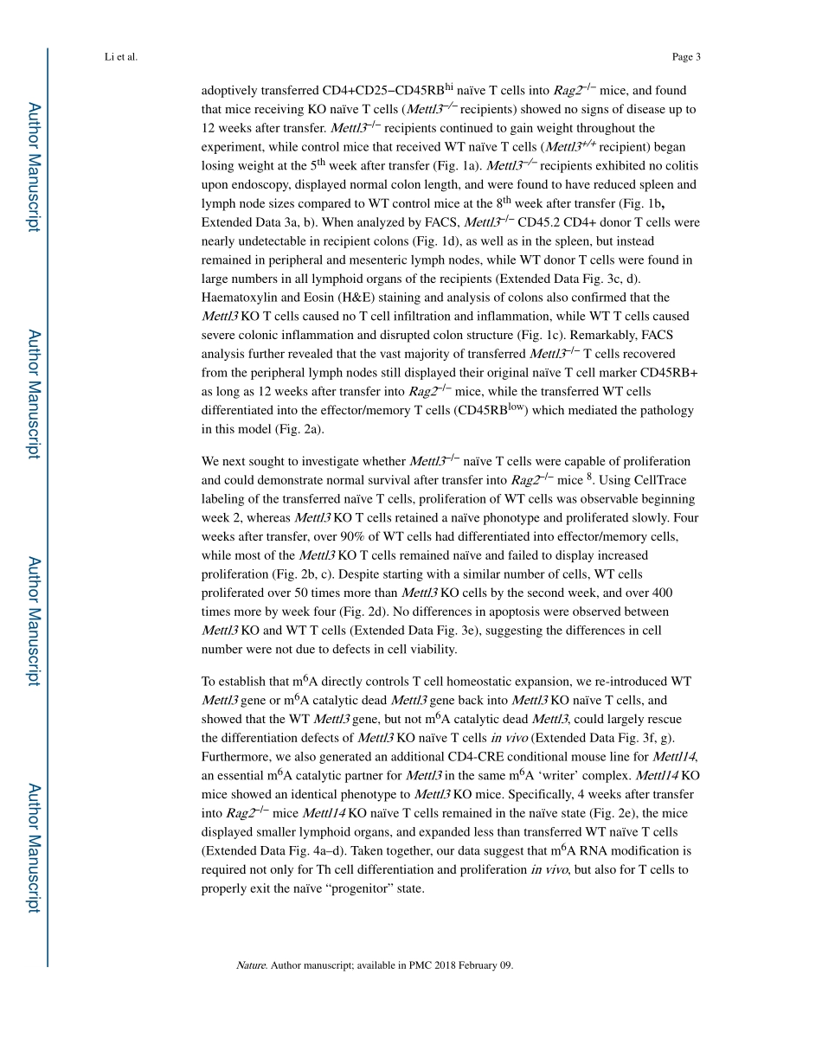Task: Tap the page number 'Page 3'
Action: (685, 57)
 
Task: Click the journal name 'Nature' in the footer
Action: (251, 965)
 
